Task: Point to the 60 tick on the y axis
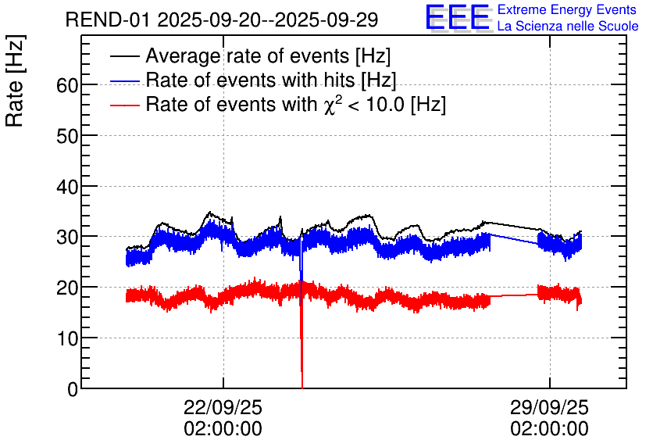pos(66,85)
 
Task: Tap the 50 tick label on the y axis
pos(66,136)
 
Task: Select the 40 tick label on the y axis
pos(66,187)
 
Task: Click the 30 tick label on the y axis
pos(66,237)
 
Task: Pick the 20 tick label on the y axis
pos(66,288)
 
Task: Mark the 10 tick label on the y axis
pos(66,338)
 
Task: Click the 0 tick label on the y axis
pos(73,389)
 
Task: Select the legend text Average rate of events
pos(268,56)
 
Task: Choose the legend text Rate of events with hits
pos(271,80)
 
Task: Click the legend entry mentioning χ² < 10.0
pos(295,105)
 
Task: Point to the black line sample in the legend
pos(125,57)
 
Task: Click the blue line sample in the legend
pos(125,81)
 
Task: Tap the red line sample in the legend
pos(125,105)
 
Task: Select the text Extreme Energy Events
pos(567,10)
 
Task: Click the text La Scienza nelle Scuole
pos(568,27)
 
